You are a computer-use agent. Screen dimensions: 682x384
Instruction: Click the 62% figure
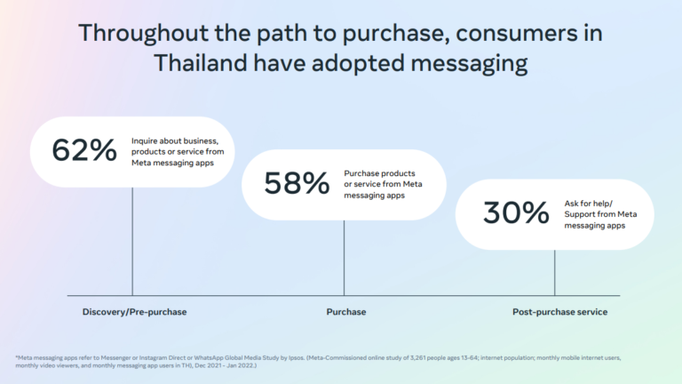[x=84, y=149]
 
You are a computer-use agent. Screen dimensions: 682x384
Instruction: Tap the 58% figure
[x=297, y=183]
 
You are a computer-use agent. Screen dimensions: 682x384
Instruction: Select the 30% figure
[x=516, y=212]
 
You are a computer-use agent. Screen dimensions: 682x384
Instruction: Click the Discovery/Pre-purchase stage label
[x=134, y=312]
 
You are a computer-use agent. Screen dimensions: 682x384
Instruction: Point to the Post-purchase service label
[x=559, y=312]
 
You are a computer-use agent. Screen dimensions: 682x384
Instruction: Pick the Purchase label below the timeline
[x=346, y=312]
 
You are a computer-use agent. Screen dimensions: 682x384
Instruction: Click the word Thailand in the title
[x=200, y=63]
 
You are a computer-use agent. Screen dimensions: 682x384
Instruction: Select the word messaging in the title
[x=469, y=64]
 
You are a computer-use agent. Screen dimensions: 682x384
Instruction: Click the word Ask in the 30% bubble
[x=572, y=204]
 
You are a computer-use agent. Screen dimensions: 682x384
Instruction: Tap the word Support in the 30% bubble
[x=580, y=214]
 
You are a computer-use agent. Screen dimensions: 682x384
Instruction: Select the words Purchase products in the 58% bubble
[x=379, y=173]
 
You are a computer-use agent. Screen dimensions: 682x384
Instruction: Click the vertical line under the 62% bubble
[x=132, y=242]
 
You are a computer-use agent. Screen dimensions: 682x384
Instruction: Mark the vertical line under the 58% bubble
[x=344, y=258]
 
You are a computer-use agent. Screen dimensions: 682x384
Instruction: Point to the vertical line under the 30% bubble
[x=554, y=273]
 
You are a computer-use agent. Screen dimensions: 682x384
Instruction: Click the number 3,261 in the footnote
[x=417, y=358]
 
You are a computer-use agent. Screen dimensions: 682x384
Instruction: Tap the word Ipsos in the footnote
[x=296, y=358]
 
